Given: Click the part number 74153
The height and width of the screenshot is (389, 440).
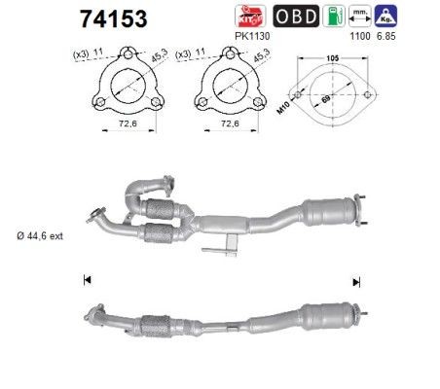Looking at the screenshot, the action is pyautogui.click(x=114, y=19).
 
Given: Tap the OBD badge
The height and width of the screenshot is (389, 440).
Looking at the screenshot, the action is pyautogui.click(x=296, y=17).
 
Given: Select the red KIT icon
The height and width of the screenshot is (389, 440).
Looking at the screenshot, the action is pyautogui.click(x=250, y=17).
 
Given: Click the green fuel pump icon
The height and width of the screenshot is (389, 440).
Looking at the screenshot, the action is pyautogui.click(x=334, y=17).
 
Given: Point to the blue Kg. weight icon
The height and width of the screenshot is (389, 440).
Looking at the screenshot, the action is pyautogui.click(x=385, y=17).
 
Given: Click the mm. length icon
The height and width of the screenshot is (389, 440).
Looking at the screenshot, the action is pyautogui.click(x=360, y=17).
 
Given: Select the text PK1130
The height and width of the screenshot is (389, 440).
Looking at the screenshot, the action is pyautogui.click(x=252, y=36).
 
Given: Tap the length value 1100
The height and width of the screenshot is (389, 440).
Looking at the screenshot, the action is pyautogui.click(x=360, y=36).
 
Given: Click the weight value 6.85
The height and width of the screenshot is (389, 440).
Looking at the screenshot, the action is pyautogui.click(x=386, y=36).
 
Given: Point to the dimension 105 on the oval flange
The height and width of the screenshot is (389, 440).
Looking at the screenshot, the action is pyautogui.click(x=333, y=58).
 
